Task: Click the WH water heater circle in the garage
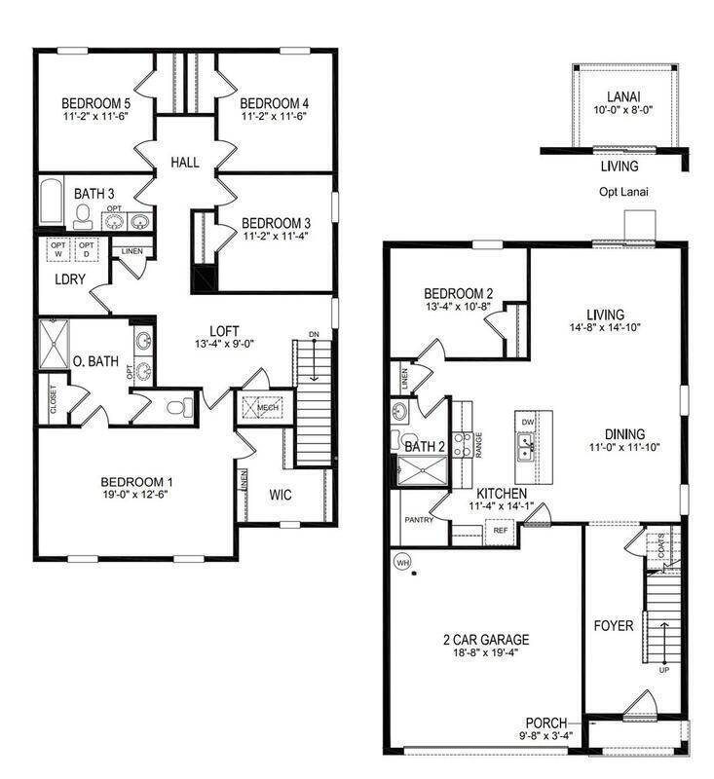pos(401,563)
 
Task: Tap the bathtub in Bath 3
pos(52,202)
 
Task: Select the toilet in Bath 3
pos(84,217)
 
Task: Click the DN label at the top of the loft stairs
pos(314,334)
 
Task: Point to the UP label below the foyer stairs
pos(664,670)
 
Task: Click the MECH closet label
pos(267,408)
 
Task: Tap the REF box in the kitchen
pos(501,530)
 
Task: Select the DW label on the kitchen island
pos(528,423)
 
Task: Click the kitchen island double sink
pos(525,447)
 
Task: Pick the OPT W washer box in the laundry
pos(58,250)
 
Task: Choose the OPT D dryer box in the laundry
pos(87,250)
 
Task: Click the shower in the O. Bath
pos(55,344)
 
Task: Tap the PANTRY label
pos(419,520)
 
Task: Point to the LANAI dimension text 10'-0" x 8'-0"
pos(623,110)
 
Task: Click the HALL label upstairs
pos(185,162)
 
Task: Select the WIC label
pos(281,495)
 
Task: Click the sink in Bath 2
pos(399,411)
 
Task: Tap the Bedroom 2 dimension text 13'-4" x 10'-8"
pos(458,307)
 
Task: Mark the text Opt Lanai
pos(623,192)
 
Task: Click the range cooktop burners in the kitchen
pos(463,445)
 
